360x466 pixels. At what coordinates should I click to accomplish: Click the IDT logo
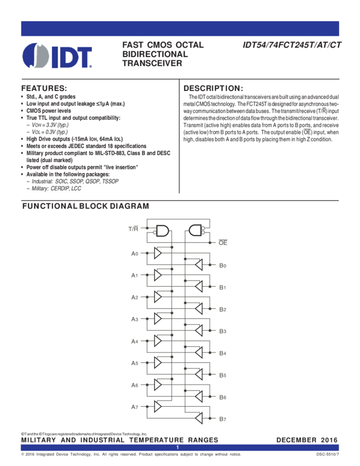coord(57,55)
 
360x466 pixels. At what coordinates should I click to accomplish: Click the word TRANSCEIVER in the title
coord(152,64)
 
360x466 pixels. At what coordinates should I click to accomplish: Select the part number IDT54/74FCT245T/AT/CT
coord(292,46)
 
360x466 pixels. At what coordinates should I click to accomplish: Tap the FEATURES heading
coord(44,88)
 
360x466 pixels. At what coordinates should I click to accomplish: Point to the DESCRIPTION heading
coord(213,88)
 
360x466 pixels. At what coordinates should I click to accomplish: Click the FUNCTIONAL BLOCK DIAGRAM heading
coord(85,206)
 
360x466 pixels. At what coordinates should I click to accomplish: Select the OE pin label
coord(223,241)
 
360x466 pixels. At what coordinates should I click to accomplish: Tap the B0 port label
coord(223,266)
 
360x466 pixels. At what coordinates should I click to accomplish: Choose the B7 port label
coord(223,419)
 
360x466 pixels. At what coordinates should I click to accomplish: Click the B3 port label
coord(223,332)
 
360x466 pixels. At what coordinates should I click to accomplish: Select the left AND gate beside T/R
coord(162,231)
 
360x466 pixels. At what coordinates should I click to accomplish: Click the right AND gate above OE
coord(195,231)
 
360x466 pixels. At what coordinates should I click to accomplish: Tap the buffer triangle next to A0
coord(158,253)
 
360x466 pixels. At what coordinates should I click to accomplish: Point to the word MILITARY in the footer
coord(41,440)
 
